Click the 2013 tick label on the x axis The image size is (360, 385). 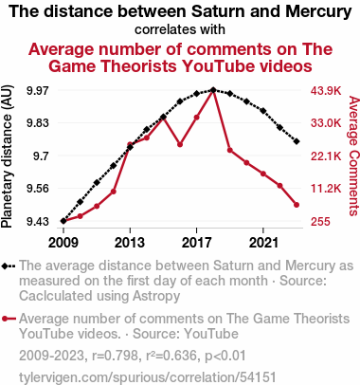click(130, 243)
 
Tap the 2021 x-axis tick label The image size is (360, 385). click(263, 243)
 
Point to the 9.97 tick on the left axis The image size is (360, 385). click(38, 91)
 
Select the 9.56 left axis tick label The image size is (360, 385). click(38, 189)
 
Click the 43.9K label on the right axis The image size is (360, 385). click(326, 91)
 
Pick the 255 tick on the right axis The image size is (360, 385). click(320, 221)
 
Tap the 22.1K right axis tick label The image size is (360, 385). click(326, 156)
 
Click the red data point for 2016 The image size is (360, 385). click(180, 144)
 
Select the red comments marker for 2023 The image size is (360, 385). click(297, 205)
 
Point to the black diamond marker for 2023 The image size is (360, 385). click(297, 141)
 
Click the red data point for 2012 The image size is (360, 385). click(114, 192)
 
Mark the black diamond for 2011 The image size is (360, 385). click(97, 183)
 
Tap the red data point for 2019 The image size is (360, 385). click(230, 150)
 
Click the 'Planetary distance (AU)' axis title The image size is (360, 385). click(7, 156)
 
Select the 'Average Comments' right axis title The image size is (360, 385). click(353, 156)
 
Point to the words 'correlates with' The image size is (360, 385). click(180, 29)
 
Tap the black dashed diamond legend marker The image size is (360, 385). click(9, 266)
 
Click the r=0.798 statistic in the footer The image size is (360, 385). click(116, 356)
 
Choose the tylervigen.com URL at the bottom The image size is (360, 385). click(148, 377)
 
